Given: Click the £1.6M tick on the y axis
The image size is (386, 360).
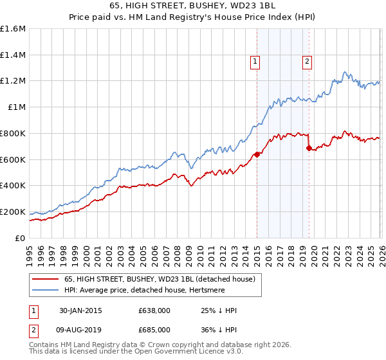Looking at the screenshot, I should (x=13, y=29).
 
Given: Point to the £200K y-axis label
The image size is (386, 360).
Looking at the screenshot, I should (x=13, y=212).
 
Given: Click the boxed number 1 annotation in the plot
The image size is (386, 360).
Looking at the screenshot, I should (x=255, y=62).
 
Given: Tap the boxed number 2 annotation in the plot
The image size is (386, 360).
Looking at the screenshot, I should (x=307, y=62).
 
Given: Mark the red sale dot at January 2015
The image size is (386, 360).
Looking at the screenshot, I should (x=257, y=154).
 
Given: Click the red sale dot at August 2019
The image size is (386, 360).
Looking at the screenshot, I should (x=309, y=148).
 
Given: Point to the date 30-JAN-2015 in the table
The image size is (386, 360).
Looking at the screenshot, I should (x=81, y=310).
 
